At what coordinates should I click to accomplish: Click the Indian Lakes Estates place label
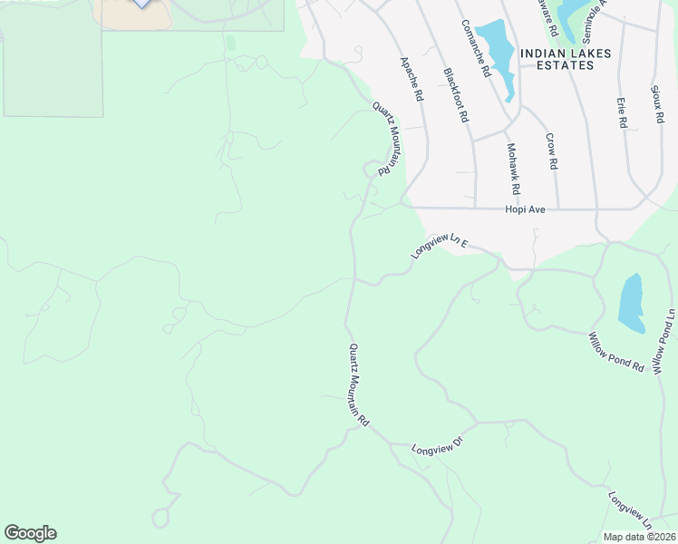566,59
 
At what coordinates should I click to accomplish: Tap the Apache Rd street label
412,79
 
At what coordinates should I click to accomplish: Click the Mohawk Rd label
513,169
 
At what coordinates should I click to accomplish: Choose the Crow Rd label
551,151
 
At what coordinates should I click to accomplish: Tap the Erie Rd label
622,112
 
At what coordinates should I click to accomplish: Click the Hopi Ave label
525,209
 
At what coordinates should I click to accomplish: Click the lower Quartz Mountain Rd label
359,385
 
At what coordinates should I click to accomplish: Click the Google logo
30,533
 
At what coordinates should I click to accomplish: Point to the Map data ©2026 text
639,536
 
